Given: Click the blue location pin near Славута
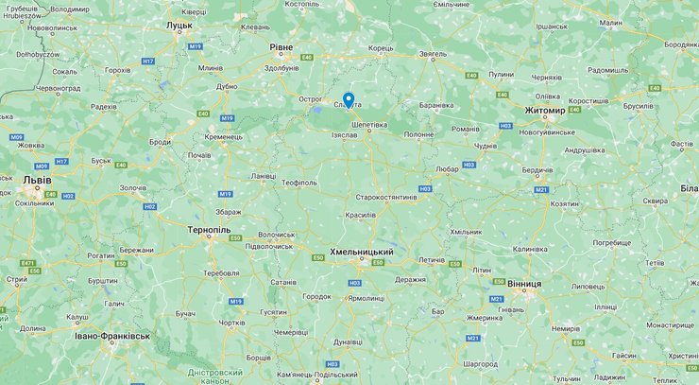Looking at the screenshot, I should point(349,99).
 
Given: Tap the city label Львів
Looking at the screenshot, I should point(39,180).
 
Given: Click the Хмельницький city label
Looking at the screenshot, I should point(361,252).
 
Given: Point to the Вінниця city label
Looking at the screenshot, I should point(523,283).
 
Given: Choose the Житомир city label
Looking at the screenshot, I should point(544,111).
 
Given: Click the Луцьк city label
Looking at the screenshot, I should point(179,26).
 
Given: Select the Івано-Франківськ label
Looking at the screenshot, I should point(112,336).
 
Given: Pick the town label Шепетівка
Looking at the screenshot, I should point(368,124).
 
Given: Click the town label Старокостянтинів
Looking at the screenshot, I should point(385,197).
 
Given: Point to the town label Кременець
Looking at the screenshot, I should point(223,137).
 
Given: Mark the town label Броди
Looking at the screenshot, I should point(160,142).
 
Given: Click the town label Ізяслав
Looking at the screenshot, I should point(344,135).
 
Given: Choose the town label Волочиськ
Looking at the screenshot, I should point(277,234).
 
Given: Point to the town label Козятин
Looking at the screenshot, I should point(565,203).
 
